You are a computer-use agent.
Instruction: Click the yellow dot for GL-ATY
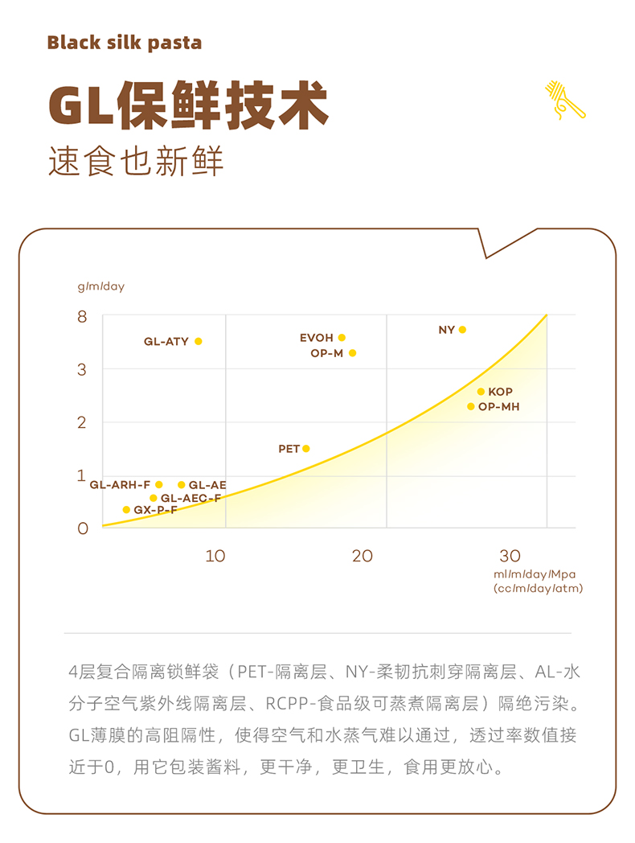pyautogui.click(x=199, y=341)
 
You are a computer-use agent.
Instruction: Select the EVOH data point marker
pyautogui.click(x=342, y=338)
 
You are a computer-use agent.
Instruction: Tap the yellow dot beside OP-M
pyautogui.click(x=352, y=353)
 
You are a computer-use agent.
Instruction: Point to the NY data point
pyautogui.click(x=462, y=330)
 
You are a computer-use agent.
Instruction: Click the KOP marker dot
pyautogui.click(x=481, y=392)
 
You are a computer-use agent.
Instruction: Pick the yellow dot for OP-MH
pyautogui.click(x=471, y=406)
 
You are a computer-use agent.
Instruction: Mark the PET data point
pyautogui.click(x=306, y=449)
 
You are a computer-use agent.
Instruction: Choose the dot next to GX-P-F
pyautogui.click(x=126, y=509)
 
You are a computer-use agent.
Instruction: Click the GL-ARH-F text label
pyautogui.click(x=120, y=485)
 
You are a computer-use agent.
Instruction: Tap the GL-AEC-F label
pyautogui.click(x=190, y=498)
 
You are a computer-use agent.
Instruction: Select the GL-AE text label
pyautogui.click(x=207, y=485)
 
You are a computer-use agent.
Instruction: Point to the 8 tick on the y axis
pyautogui.click(x=82, y=316)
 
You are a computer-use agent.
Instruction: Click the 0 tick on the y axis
pyautogui.click(x=82, y=528)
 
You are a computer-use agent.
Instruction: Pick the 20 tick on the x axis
pyautogui.click(x=363, y=556)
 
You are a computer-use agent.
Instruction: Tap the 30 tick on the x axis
pyautogui.click(x=510, y=556)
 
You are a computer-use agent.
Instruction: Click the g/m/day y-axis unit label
pyautogui.click(x=101, y=286)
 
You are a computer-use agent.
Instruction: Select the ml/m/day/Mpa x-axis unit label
pyautogui.click(x=536, y=574)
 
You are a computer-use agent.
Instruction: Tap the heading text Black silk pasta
pyautogui.click(x=125, y=43)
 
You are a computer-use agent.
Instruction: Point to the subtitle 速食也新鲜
pyautogui.click(x=136, y=161)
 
